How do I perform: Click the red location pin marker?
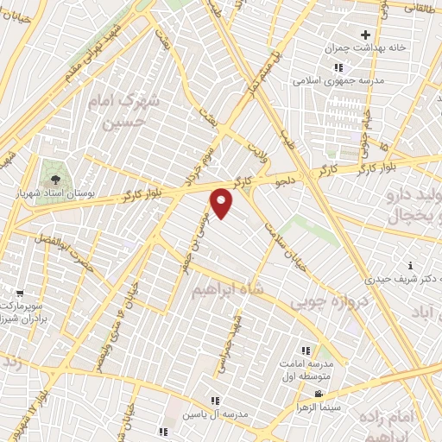[x=222, y=202]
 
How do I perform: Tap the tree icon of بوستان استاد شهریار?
[x=56, y=179]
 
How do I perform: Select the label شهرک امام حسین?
[x=125, y=110]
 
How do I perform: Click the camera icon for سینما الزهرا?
[x=319, y=394]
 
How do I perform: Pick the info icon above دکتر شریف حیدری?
[x=410, y=265]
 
